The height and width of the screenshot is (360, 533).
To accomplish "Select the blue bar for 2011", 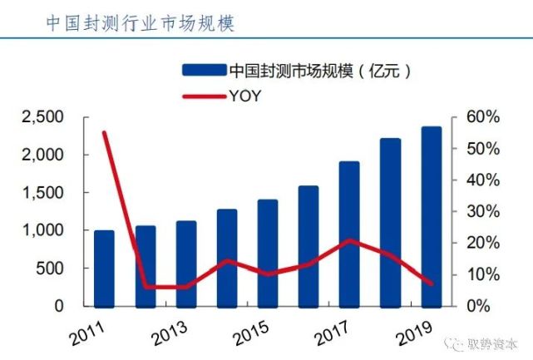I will click(x=104, y=268).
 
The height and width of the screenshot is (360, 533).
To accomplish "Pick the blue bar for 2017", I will click(x=349, y=234).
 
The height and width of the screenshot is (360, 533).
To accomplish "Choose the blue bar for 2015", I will click(x=268, y=253).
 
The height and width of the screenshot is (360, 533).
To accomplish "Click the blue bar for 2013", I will click(x=185, y=263).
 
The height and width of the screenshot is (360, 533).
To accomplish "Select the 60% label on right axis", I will click(x=481, y=117).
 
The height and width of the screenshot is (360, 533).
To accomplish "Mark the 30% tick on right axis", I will click(x=481, y=211).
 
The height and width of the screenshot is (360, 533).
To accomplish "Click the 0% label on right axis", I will click(x=485, y=306).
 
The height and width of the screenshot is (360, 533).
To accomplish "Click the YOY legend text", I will click(x=244, y=96).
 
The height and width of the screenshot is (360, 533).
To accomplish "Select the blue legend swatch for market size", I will click(x=203, y=69).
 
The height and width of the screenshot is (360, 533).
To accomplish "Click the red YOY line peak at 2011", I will click(x=104, y=132).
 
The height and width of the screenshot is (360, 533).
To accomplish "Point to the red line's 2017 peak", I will click(x=349, y=240).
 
